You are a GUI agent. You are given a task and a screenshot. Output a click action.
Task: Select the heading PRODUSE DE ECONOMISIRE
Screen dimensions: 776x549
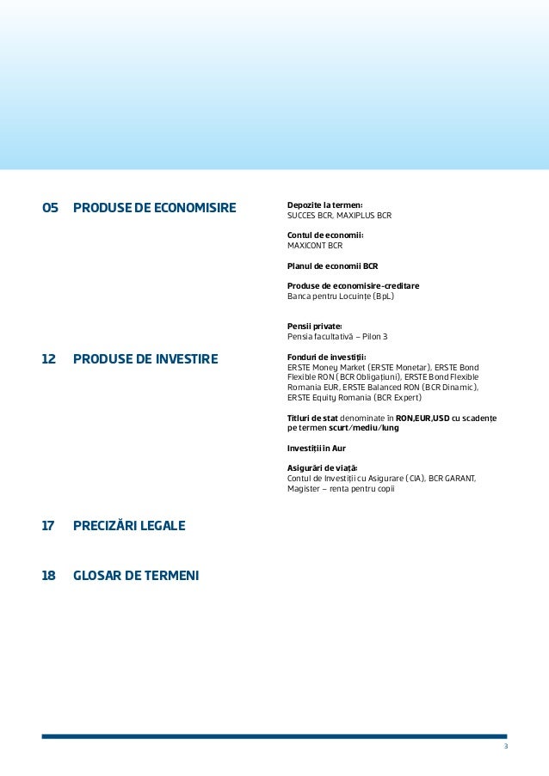pos(155,208)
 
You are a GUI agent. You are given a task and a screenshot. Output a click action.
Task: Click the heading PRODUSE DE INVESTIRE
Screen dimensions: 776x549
pos(146,358)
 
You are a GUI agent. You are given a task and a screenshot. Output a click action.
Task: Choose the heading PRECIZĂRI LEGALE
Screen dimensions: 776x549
pos(129,525)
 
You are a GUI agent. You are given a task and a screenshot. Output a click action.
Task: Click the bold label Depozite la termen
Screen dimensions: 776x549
pos(325,205)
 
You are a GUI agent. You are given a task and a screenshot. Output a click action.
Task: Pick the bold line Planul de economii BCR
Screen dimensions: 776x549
pos(333,266)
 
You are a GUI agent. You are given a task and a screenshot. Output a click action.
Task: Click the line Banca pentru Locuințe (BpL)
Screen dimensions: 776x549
pos(341,296)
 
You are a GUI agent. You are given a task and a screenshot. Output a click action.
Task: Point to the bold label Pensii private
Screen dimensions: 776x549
pos(315,326)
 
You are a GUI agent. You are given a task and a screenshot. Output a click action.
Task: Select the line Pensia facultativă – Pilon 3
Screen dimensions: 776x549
pos(337,336)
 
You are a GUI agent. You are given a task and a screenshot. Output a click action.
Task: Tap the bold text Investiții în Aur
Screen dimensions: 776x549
pos(317,448)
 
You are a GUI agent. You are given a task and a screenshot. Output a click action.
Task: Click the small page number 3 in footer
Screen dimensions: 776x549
pos(506,746)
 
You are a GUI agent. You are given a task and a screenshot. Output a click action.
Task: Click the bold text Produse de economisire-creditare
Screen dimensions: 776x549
pos(354,285)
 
